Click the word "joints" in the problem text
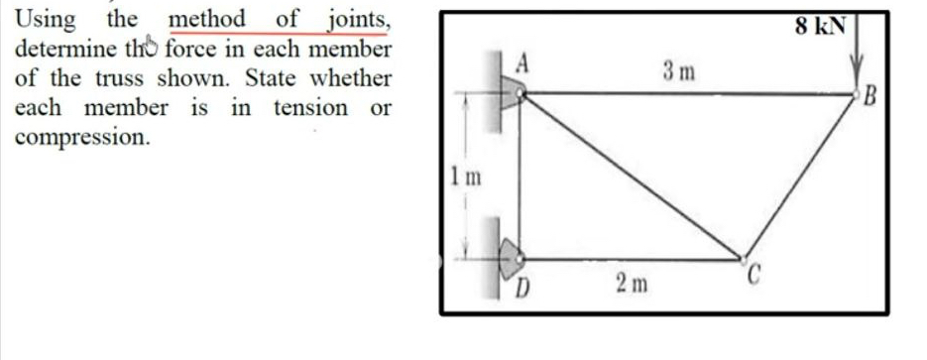point(356,20)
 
